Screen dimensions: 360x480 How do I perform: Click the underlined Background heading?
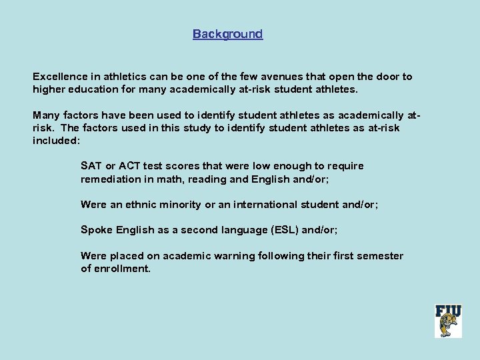[227, 34]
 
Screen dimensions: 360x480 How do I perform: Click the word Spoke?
[97, 230]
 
